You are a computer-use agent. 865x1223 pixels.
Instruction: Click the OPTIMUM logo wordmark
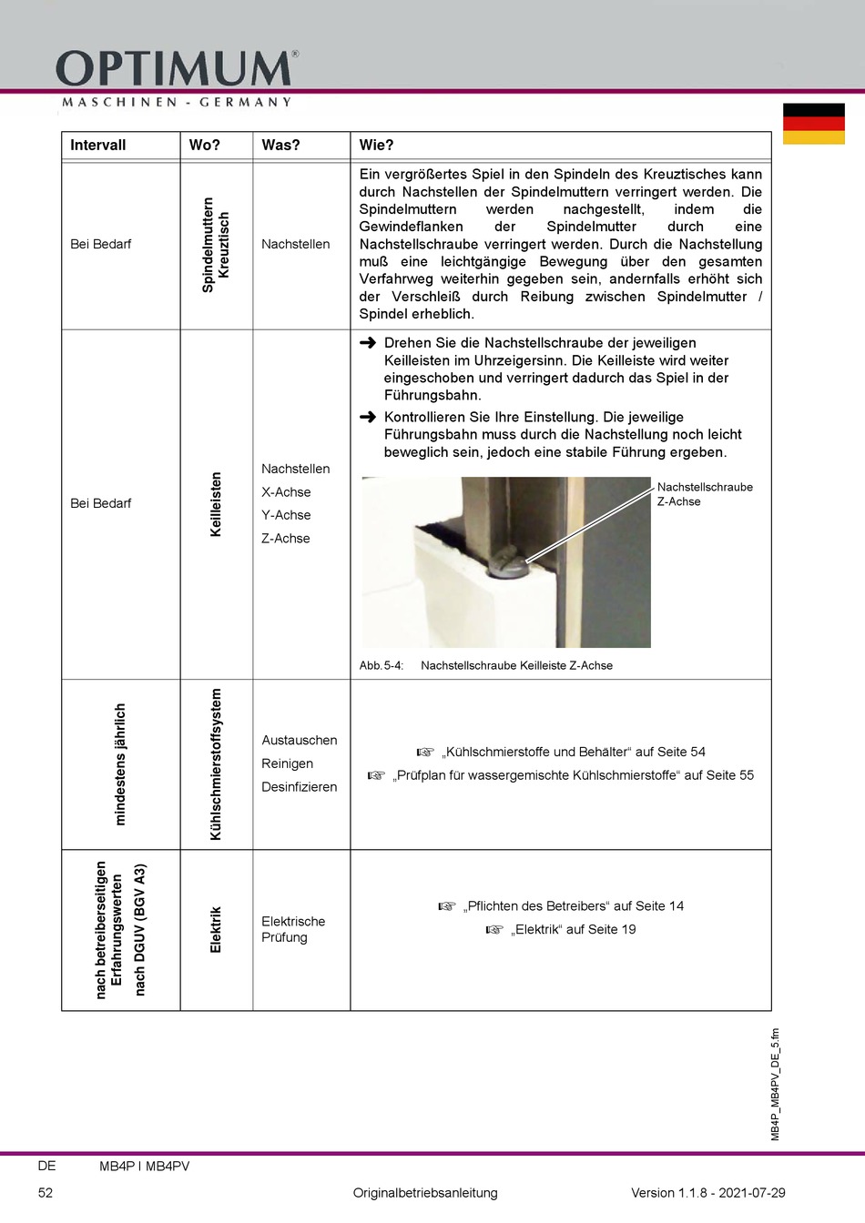click(176, 69)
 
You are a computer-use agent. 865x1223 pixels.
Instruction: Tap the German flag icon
click(813, 124)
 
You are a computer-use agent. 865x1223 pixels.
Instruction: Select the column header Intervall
click(97, 146)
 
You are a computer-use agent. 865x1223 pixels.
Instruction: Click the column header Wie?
click(376, 146)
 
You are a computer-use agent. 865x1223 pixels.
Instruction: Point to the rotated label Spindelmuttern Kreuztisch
click(216, 245)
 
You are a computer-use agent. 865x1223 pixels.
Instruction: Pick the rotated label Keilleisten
click(216, 504)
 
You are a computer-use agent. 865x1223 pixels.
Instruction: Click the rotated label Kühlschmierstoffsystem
click(216, 764)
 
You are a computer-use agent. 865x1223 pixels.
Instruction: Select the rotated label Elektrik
click(216, 929)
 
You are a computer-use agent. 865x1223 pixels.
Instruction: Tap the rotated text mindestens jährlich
click(120, 764)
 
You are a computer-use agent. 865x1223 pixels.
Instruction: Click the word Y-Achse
click(286, 515)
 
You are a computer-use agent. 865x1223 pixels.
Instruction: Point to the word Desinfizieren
click(299, 787)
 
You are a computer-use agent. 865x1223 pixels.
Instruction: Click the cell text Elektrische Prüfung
click(292, 929)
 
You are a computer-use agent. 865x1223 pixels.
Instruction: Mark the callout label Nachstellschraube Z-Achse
click(704, 494)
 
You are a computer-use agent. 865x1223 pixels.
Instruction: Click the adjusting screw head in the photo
click(505, 565)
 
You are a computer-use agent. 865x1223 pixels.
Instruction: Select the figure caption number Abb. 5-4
click(381, 666)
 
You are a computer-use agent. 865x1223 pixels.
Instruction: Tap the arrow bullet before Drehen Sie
click(368, 343)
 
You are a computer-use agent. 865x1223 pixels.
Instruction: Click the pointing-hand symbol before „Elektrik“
click(494, 930)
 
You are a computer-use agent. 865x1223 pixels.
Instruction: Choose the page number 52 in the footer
click(46, 1193)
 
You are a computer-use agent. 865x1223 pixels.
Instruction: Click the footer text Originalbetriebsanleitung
click(425, 1193)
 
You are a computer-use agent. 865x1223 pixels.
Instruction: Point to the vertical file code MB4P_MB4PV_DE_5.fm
click(776, 1084)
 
